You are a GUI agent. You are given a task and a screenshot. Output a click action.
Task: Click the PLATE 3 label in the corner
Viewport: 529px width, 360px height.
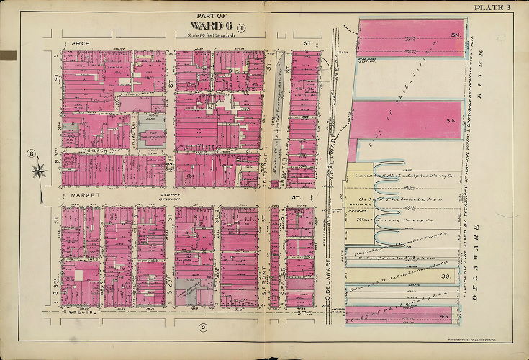(492, 7)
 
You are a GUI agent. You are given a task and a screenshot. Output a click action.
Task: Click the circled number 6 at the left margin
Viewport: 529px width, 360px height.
(31, 152)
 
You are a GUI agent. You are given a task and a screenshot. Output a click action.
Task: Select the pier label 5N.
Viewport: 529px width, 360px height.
(455, 35)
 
